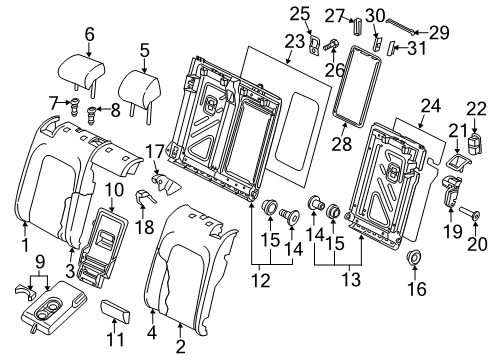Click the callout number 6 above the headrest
pos(89,34)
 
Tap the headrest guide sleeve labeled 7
pos(75,106)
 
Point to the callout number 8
pos(115,110)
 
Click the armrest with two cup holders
pos(52,306)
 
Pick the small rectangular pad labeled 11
pos(115,311)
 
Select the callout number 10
pos(114,191)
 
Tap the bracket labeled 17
pos(165,183)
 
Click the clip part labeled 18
pos(144,197)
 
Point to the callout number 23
pos(295,42)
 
